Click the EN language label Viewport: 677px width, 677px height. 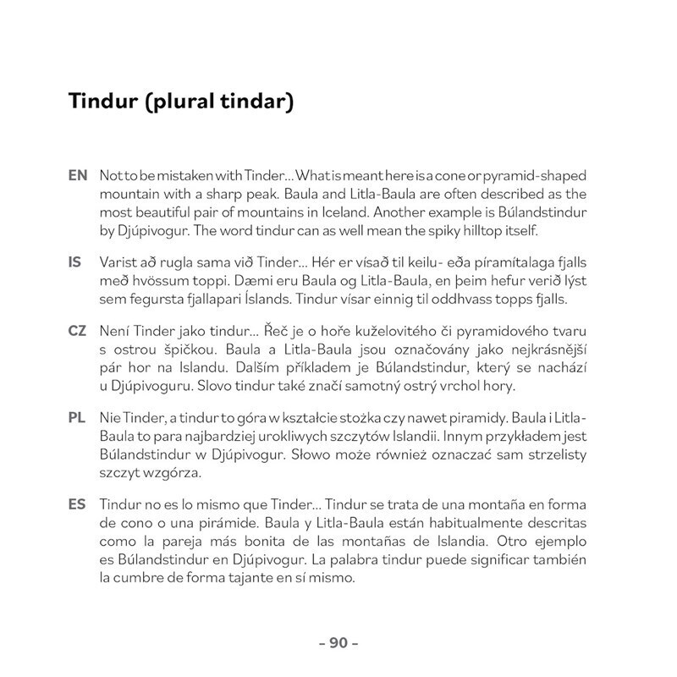[77, 175]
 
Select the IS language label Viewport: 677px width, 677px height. [74, 263]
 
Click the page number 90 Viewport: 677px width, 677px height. [338, 643]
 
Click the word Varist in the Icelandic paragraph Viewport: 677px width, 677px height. [118, 263]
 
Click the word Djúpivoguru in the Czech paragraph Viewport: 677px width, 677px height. [147, 387]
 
